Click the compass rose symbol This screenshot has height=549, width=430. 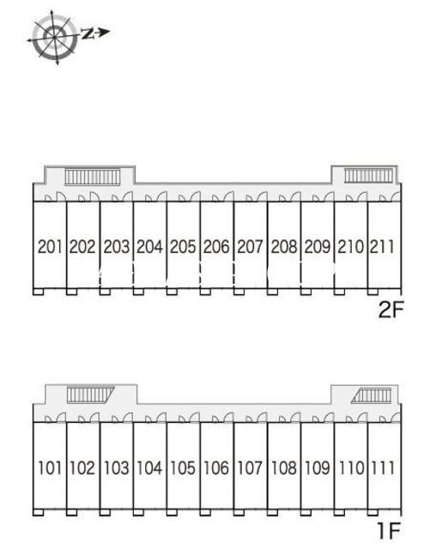[x=54, y=37]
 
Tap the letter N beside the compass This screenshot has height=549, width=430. [x=88, y=33]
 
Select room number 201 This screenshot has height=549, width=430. [x=50, y=246]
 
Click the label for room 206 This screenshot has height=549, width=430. [x=216, y=246]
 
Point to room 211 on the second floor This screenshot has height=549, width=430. [x=382, y=246]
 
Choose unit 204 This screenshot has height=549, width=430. [x=149, y=246]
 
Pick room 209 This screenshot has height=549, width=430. [x=318, y=246]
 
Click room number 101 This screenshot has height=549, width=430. [x=50, y=468]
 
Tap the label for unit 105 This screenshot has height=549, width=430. [x=183, y=468]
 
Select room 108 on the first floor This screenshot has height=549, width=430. [x=284, y=468]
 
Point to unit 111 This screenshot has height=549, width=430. [x=383, y=468]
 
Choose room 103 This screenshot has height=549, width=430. [x=117, y=468]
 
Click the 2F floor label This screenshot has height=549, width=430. [x=391, y=310]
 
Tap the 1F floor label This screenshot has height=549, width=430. [x=389, y=531]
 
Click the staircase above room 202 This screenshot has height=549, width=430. [x=93, y=177]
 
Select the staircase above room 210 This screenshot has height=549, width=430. [x=369, y=175]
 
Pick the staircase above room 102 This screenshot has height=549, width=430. [x=90, y=395]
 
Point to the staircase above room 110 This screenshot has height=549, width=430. [x=371, y=395]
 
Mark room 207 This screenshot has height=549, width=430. [x=250, y=246]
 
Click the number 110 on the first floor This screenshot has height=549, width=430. [x=352, y=468]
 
